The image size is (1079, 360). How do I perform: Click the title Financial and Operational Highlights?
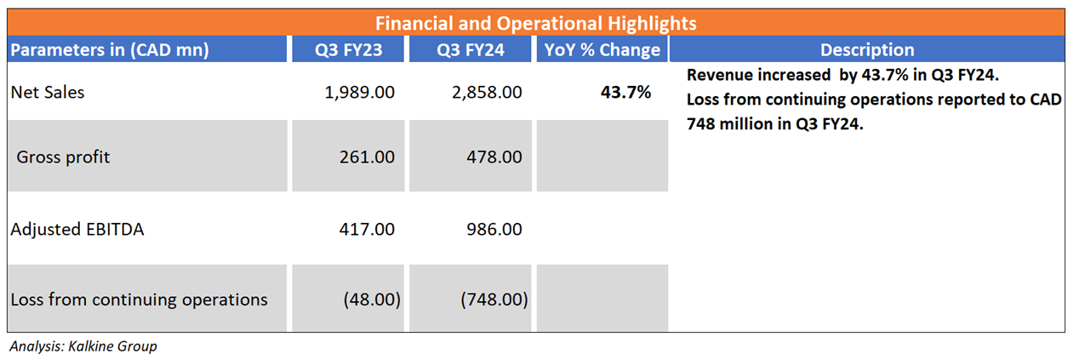(536, 23)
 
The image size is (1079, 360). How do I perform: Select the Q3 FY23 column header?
(348, 49)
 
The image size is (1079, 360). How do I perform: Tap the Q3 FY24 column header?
(471, 49)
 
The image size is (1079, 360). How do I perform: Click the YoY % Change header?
(602, 49)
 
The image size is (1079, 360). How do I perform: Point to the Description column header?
(867, 49)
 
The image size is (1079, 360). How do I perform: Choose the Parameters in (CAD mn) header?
(110, 49)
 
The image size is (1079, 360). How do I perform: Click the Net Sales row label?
(48, 92)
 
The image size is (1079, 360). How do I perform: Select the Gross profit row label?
(64, 157)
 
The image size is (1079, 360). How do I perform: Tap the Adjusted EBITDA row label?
(77, 229)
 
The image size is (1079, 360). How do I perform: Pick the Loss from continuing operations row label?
(139, 300)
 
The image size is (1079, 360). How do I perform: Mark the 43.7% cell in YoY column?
(626, 92)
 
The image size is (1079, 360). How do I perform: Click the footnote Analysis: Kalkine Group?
(83, 346)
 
